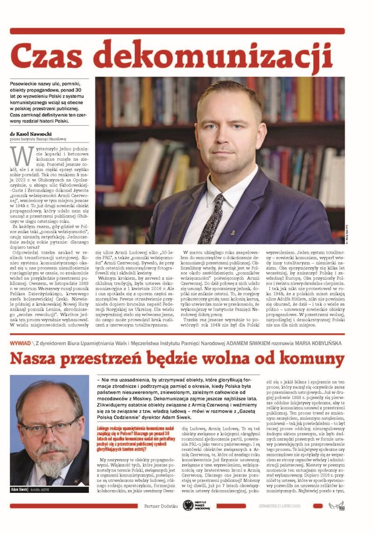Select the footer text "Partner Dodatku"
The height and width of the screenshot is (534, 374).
coord(161,506)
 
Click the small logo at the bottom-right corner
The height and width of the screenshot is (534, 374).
coord(336,505)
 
